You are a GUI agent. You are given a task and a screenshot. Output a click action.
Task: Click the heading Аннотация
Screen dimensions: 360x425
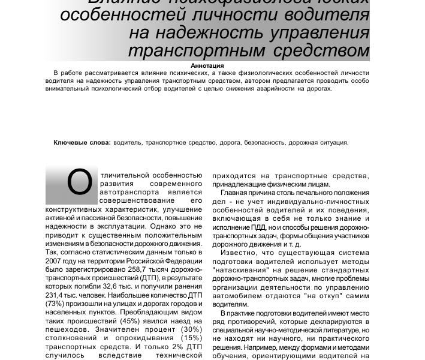[x=207, y=65]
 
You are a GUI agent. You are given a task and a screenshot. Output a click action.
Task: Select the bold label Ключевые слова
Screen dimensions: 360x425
[x=82, y=143]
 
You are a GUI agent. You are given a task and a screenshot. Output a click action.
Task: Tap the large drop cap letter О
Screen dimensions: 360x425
[x=79, y=184]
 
